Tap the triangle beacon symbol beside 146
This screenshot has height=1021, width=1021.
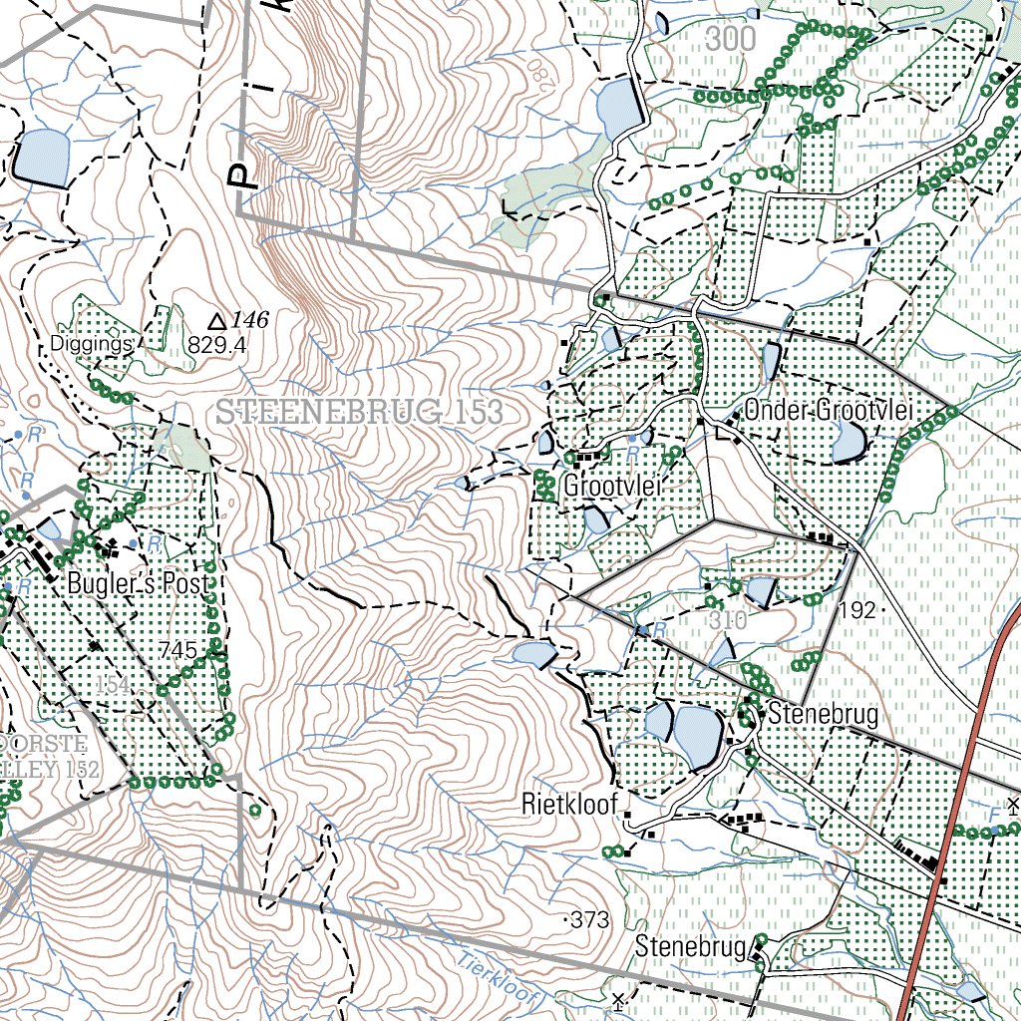click(217, 321)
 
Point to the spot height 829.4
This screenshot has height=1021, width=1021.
click(216, 345)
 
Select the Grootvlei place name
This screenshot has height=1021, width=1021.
click(613, 488)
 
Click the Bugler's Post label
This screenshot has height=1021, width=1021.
click(140, 584)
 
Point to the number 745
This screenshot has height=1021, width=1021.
click(177, 650)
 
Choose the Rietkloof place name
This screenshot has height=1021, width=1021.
click(570, 804)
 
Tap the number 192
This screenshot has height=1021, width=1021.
click(856, 610)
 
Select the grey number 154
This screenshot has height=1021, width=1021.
click(115, 686)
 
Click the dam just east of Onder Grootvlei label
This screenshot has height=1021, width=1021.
click(850, 441)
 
